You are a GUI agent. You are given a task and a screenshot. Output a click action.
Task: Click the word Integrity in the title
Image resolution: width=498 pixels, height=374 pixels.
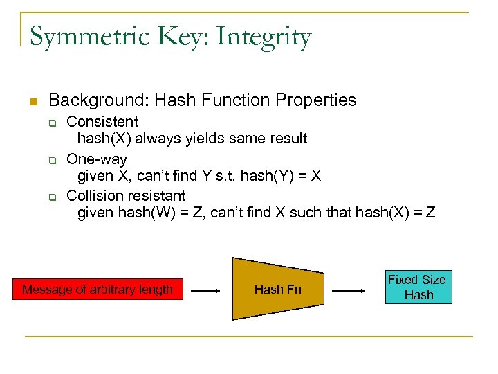264,37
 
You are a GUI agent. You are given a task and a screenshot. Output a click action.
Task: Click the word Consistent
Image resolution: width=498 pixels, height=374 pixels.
102,122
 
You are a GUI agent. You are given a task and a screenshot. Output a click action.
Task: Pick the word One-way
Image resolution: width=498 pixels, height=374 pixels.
96,159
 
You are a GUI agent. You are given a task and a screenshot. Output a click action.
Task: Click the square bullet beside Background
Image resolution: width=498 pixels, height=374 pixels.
33,102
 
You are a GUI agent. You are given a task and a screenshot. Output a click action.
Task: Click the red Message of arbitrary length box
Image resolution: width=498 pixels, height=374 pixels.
98,290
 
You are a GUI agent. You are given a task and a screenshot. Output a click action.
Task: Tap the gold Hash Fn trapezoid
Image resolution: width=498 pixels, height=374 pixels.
277,290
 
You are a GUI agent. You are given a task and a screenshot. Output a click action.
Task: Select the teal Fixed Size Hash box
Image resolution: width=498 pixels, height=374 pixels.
418,287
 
